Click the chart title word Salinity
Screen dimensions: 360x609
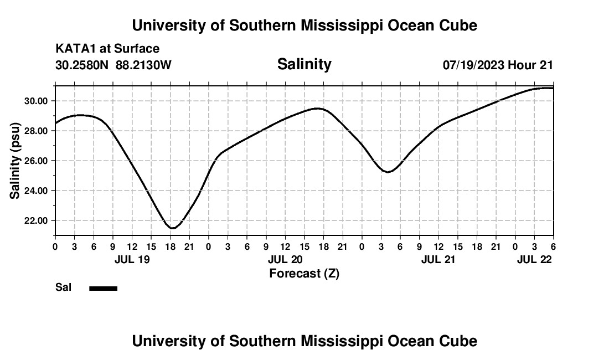(x=304, y=64)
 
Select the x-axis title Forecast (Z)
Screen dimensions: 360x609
(x=304, y=273)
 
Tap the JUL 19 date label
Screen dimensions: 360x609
(x=132, y=259)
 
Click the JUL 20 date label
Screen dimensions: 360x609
(x=285, y=259)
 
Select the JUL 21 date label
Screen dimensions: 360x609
(x=438, y=259)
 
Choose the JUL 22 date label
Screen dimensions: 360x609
(x=534, y=259)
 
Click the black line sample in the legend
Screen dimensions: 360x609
(x=104, y=288)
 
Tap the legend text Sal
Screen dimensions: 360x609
(x=63, y=287)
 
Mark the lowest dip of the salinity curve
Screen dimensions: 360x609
(x=173, y=228)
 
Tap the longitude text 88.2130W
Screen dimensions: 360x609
(x=144, y=65)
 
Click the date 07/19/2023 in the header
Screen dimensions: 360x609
(x=473, y=65)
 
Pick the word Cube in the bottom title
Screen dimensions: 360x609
(x=459, y=341)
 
